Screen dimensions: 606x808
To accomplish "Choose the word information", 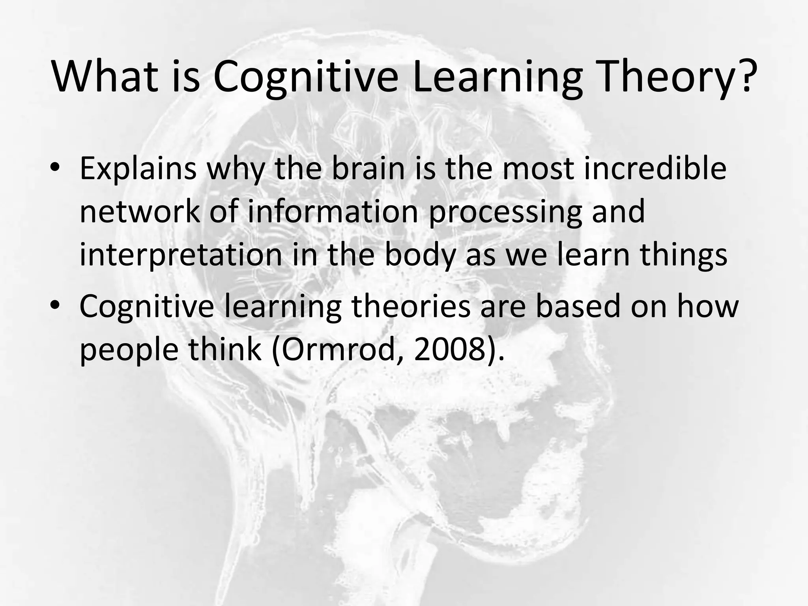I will pos(333,212).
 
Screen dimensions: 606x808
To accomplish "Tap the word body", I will pos(419,256).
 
